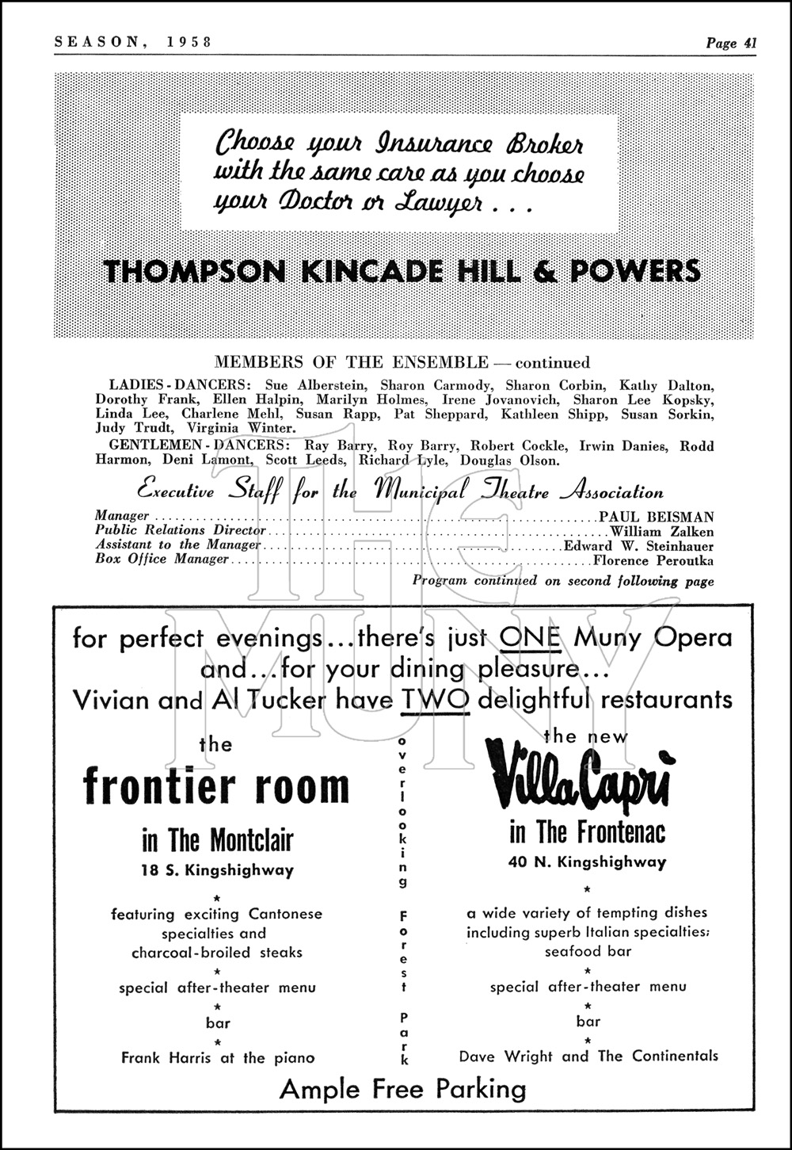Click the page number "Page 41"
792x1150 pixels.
click(731, 44)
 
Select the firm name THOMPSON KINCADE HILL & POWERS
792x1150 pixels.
click(402, 271)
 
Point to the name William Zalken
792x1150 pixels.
click(661, 532)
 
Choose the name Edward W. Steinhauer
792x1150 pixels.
click(638, 546)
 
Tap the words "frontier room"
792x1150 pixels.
click(216, 786)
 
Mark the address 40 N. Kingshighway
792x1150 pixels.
click(588, 862)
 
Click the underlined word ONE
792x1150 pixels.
click(531, 637)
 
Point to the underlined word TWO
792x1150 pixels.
click(436, 699)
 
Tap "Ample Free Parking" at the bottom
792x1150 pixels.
click(402, 1089)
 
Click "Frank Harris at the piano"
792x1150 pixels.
click(218, 1057)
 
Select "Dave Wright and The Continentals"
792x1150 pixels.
click(588, 1056)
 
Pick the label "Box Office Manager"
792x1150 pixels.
click(162, 560)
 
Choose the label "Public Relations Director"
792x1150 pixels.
click(181, 530)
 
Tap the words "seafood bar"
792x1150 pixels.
click(587, 951)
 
